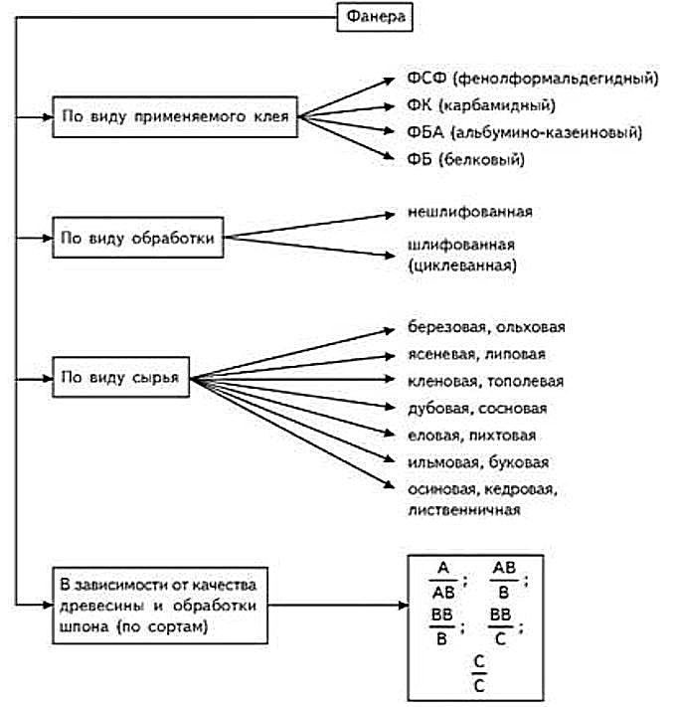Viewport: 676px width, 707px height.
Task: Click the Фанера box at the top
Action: [375, 17]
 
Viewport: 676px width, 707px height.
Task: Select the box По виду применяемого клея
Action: [175, 116]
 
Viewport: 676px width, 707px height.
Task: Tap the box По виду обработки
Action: [138, 238]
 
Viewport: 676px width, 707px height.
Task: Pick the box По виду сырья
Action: [120, 377]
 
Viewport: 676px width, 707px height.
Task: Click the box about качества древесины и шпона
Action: [160, 606]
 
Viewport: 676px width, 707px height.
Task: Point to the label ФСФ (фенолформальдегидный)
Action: [532, 78]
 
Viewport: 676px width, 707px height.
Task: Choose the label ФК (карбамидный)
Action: [481, 105]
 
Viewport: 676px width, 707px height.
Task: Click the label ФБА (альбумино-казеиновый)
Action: [524, 132]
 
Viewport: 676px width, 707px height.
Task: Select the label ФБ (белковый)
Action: [465, 159]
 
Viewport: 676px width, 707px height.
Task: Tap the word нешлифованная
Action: [469, 212]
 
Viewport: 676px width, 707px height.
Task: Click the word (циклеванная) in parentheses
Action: [462, 265]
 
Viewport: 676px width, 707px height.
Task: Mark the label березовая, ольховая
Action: [486, 327]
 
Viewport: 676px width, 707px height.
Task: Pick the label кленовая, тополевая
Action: [485, 382]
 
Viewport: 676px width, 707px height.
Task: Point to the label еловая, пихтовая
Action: [471, 436]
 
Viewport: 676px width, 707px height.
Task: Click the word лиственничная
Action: [463, 510]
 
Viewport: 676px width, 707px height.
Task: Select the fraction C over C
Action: [479, 673]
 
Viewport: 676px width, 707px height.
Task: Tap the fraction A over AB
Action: [443, 580]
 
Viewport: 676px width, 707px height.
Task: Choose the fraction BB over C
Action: [500, 626]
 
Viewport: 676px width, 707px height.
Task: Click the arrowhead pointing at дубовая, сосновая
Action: [390, 407]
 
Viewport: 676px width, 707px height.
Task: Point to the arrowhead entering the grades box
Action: [403, 606]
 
